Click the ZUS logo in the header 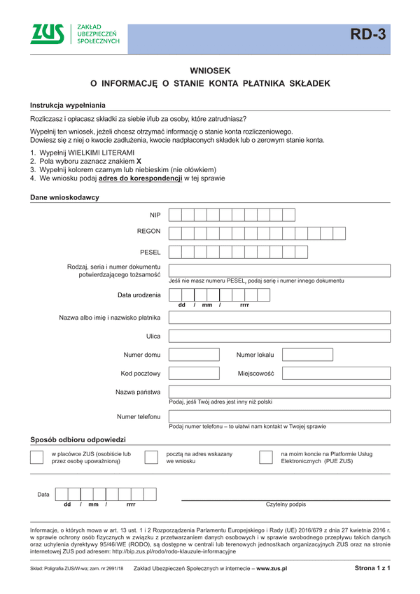48,34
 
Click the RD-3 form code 368,35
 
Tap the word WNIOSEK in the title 210,71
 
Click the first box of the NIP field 175,215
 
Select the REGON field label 149,231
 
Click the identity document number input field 279,271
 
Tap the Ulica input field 279,337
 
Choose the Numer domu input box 194,355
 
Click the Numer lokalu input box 307,355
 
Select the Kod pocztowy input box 194,374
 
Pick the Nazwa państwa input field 279,392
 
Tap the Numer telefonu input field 279,417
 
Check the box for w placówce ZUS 37,458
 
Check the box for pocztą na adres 150,458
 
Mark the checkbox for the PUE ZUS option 266,458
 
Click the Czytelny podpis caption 286,504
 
